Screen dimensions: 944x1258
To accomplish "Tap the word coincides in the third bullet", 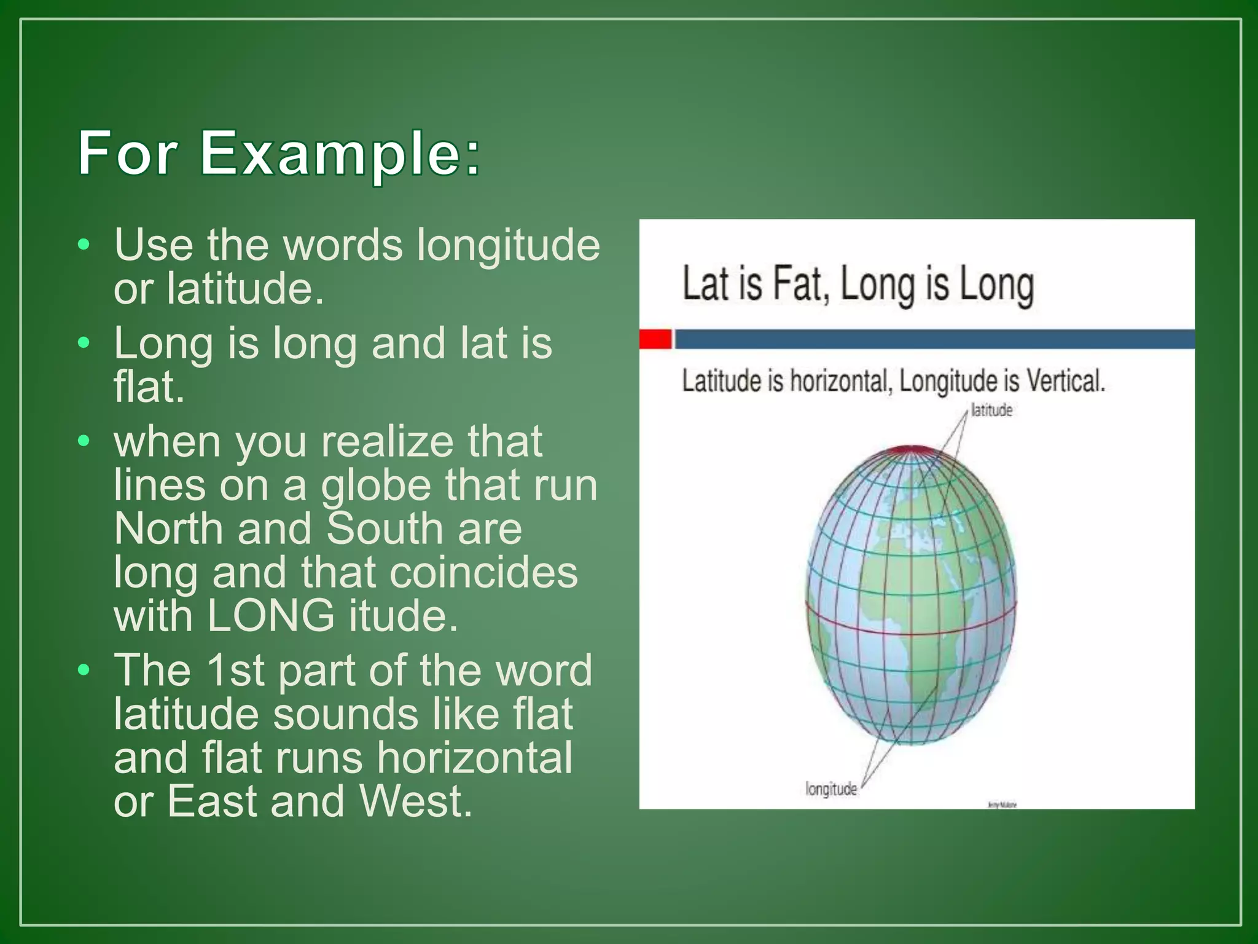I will pyautogui.click(x=483, y=573).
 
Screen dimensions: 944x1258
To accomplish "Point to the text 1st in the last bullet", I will pyautogui.click(x=235, y=671).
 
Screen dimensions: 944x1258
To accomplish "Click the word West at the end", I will pyautogui.click(x=416, y=801).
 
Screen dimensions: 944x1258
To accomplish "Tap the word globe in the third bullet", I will pyautogui.click(x=377, y=486).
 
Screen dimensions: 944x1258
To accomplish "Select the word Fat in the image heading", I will pyautogui.click(x=798, y=285).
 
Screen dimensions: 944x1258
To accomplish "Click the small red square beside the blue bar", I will pyautogui.click(x=655, y=339).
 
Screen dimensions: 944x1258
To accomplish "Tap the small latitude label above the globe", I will pyautogui.click(x=991, y=411).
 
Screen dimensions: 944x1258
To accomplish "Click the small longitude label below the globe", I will pyautogui.click(x=831, y=789).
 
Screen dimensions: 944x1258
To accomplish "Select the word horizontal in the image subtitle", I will pyautogui.click(x=840, y=381).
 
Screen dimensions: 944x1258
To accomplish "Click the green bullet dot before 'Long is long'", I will pyautogui.click(x=84, y=343).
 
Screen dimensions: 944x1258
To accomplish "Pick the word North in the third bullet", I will pyautogui.click(x=168, y=529).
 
